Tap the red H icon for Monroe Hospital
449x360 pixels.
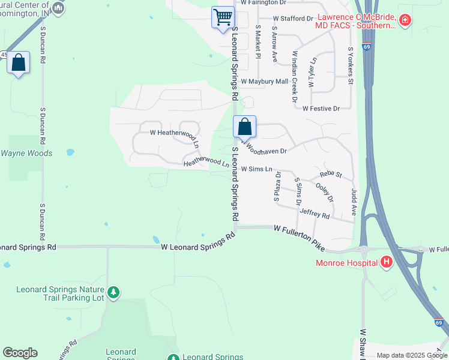(x=387, y=262)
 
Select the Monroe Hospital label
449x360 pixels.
(x=348, y=262)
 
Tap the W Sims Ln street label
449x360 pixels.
(x=257, y=170)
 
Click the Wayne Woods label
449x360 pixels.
(x=26, y=153)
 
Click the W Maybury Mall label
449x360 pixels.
(x=265, y=81)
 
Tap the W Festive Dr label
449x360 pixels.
(x=321, y=109)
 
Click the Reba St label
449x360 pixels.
(x=331, y=174)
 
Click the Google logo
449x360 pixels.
(x=20, y=353)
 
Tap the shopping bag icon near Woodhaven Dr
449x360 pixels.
(x=244, y=127)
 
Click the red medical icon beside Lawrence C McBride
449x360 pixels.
(x=406, y=20)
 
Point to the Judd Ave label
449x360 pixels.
(x=354, y=202)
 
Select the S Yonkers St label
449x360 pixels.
(x=351, y=66)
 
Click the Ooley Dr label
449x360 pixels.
(x=325, y=193)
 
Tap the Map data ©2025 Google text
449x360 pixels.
(x=412, y=355)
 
